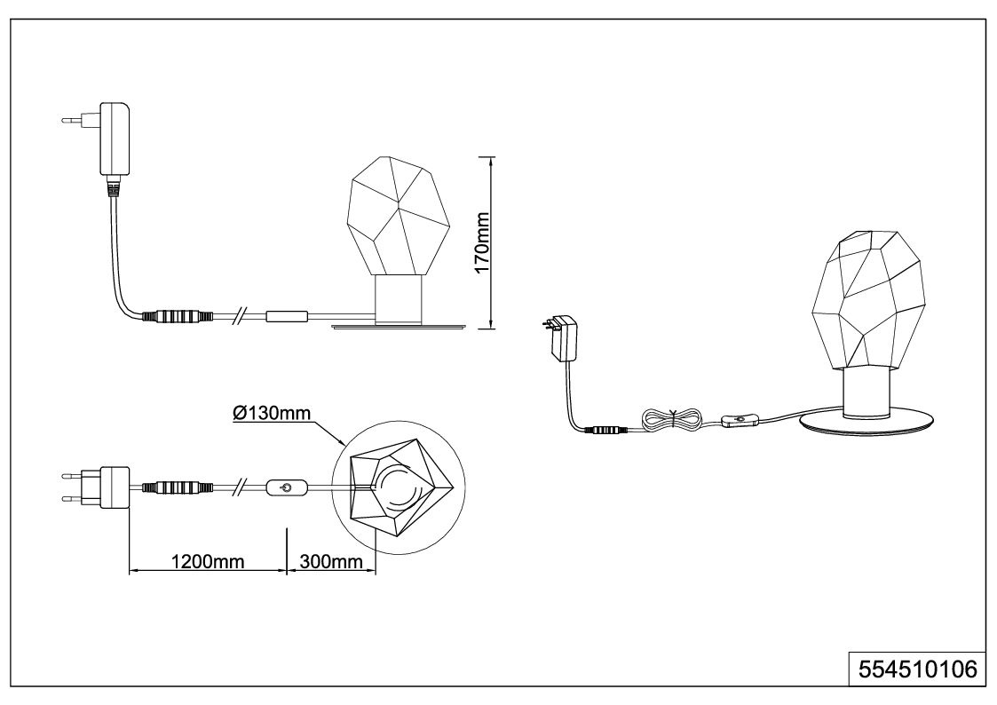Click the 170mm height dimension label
tap(483, 242)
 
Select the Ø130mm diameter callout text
tap(273, 413)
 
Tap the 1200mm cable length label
tap(208, 561)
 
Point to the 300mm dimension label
tap(331, 561)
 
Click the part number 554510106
tap(917, 669)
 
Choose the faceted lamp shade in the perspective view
tap(868, 299)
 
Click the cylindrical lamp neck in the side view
tap(399, 299)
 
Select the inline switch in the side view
tap(287, 316)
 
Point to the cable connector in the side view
tap(176, 316)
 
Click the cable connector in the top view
tap(176, 488)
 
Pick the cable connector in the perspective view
tap(606, 430)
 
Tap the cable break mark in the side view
tap(239, 316)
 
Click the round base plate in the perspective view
tap(867, 427)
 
